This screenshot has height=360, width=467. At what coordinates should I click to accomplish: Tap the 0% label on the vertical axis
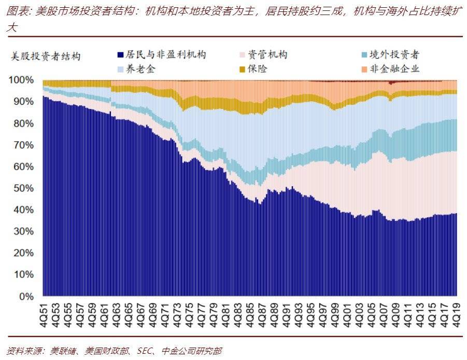(26, 297)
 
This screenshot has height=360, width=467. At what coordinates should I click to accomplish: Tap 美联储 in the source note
(63, 351)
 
